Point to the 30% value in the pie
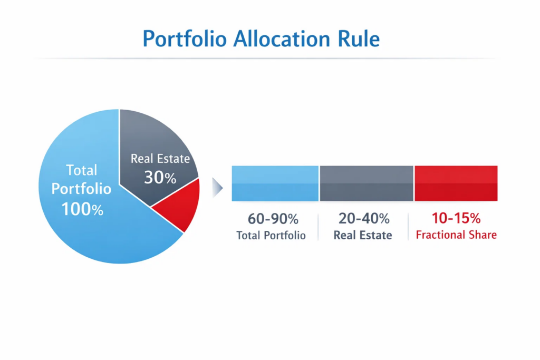(160, 178)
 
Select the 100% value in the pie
(82, 209)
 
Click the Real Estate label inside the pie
(160, 159)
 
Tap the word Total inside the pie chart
(82, 170)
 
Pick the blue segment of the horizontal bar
(275, 183)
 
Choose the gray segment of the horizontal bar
(367, 183)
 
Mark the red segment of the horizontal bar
(456, 183)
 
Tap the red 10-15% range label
(456, 218)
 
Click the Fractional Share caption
(456, 235)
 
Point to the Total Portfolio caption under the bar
(271, 235)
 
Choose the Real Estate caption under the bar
(363, 235)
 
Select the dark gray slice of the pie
(153, 142)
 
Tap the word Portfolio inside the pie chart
(82, 189)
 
